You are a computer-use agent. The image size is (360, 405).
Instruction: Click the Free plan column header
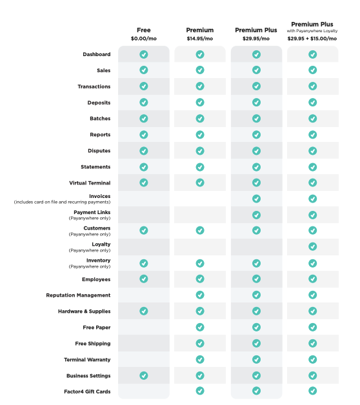(144, 30)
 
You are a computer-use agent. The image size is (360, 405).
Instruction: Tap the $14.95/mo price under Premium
(200, 39)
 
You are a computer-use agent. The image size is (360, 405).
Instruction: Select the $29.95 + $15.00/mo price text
(312, 39)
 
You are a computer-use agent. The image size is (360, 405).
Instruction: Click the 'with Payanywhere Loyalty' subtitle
(312, 31)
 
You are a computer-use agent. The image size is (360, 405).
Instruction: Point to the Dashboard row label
(97, 55)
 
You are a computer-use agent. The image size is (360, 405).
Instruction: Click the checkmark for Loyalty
(312, 246)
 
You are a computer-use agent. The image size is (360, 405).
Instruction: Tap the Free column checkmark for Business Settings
(144, 375)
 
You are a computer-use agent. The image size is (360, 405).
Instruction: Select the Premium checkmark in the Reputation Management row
(200, 295)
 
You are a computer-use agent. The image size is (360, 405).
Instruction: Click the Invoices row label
(100, 196)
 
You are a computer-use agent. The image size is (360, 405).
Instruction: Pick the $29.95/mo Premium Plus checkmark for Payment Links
(256, 215)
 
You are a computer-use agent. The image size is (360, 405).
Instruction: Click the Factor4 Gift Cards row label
(87, 391)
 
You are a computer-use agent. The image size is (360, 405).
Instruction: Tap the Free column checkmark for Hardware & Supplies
(144, 311)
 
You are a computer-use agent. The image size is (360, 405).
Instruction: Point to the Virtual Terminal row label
(90, 183)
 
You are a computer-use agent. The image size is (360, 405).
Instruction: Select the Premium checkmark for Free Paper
(200, 327)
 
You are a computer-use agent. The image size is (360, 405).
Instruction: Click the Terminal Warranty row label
(87, 360)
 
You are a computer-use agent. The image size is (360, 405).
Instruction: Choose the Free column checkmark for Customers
(144, 230)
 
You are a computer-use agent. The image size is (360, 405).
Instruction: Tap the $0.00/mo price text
(144, 39)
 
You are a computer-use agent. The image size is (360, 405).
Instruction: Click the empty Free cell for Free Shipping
(144, 343)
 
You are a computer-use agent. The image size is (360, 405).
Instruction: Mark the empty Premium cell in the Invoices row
(200, 199)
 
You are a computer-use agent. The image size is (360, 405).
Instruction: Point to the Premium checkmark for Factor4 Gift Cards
(200, 391)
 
